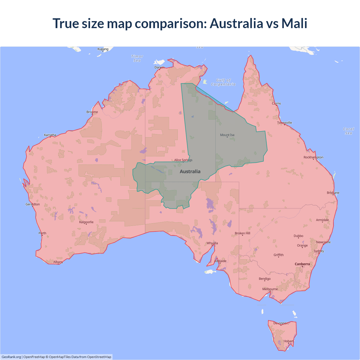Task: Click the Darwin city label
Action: pyautogui.click(x=159, y=67)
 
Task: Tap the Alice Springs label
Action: pyautogui.click(x=183, y=160)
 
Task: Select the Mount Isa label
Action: pyautogui.click(x=227, y=135)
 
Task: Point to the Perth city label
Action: pyautogui.click(x=42, y=233)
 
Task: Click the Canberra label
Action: pyautogui.click(x=302, y=264)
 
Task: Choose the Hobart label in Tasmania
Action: pyautogui.click(x=288, y=341)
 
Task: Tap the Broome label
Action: pyautogui.click(x=92, y=112)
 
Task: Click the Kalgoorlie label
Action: pyautogui.click(x=86, y=222)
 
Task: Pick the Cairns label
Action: pyautogui.click(x=276, y=103)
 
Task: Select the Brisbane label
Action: pyautogui.click(x=333, y=193)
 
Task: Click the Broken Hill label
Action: pyautogui.click(x=242, y=233)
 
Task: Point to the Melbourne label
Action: pyautogui.click(x=270, y=289)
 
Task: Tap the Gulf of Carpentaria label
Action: pyautogui.click(x=223, y=82)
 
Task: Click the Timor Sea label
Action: pyautogui.click(x=137, y=58)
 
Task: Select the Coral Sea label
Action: pyautogui.click(x=348, y=131)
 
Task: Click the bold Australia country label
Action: pyautogui.click(x=190, y=172)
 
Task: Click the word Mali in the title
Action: pyautogui.click(x=294, y=23)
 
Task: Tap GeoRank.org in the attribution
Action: pyautogui.click(x=11, y=357)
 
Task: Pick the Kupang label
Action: pyautogui.click(x=103, y=49)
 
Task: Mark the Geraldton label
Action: pyautogui.click(x=33, y=204)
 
